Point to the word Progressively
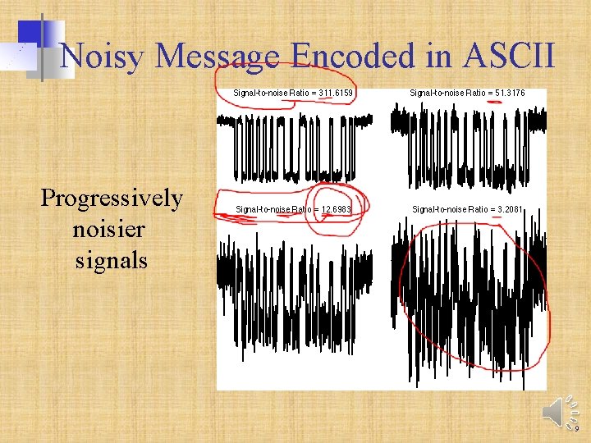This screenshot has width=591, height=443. click(112, 199)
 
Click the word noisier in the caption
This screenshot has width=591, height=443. click(112, 230)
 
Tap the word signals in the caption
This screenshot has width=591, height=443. click(112, 261)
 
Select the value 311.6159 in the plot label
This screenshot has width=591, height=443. click(337, 94)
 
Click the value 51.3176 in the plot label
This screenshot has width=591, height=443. click(507, 94)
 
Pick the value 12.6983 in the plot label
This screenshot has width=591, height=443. click(336, 210)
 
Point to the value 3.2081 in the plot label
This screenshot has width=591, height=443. click(506, 210)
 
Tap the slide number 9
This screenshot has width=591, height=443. click(576, 428)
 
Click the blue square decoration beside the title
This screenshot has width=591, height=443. click(30, 33)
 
